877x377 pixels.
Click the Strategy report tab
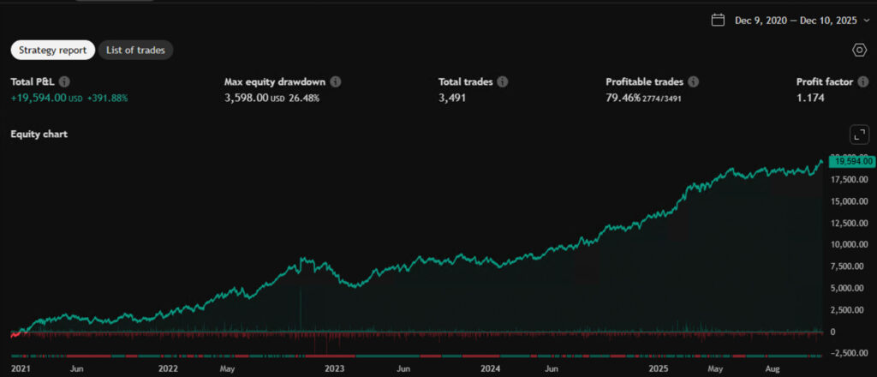52,50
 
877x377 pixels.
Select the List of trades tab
136,50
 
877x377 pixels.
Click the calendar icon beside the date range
718,20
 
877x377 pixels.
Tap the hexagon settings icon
860,50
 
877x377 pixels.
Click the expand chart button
859,134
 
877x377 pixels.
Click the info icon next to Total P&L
64,82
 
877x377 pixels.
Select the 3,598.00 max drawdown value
246,98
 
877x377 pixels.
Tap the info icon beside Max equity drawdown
336,82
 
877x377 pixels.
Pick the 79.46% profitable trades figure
623,98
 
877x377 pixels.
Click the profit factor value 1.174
810,98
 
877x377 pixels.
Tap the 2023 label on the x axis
334,369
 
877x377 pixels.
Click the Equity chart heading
39,134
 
